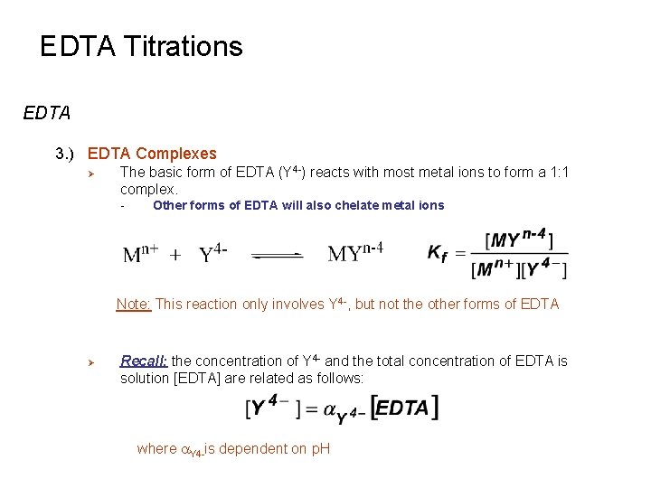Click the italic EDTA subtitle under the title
point(47,114)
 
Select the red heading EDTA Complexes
point(152,154)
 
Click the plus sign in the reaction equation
point(176,255)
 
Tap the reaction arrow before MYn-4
point(278,256)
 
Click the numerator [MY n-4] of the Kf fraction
point(519,239)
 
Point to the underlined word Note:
point(134,305)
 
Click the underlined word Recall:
point(144,361)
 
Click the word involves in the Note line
point(298,305)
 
